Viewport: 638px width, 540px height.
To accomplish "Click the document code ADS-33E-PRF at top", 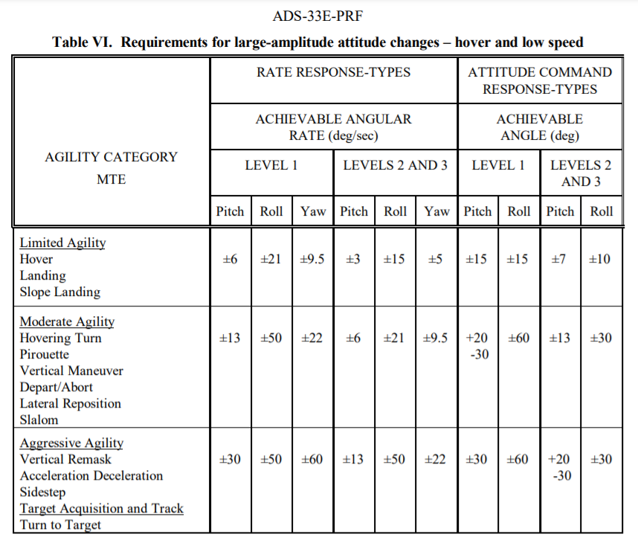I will tap(318, 16).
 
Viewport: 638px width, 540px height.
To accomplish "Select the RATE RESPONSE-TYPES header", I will tap(333, 72).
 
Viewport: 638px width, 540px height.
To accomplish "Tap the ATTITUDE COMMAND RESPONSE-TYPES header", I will tap(540, 80).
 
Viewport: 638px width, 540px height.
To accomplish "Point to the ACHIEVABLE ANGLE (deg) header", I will tap(540, 127).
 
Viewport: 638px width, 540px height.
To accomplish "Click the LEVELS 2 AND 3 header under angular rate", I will tap(395, 165).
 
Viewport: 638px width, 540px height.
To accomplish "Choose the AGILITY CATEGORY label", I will tap(112, 157).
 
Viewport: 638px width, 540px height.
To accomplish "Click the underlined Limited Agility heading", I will tap(62, 243).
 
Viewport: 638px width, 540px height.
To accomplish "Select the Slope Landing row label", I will tap(59, 292).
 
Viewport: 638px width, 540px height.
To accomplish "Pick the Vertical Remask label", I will tap(65, 460).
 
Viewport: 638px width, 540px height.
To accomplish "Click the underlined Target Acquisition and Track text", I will tap(101, 509).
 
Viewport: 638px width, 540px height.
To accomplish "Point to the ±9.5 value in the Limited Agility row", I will tap(312, 259).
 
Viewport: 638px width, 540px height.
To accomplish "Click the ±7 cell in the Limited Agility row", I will tap(560, 259).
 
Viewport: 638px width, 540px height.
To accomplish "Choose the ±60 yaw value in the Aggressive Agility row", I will tap(312, 460).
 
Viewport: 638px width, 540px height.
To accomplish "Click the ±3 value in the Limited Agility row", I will tap(353, 259).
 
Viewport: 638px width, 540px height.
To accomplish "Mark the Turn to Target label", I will tap(60, 525).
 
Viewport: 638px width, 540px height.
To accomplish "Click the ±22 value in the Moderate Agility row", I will tap(312, 338).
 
